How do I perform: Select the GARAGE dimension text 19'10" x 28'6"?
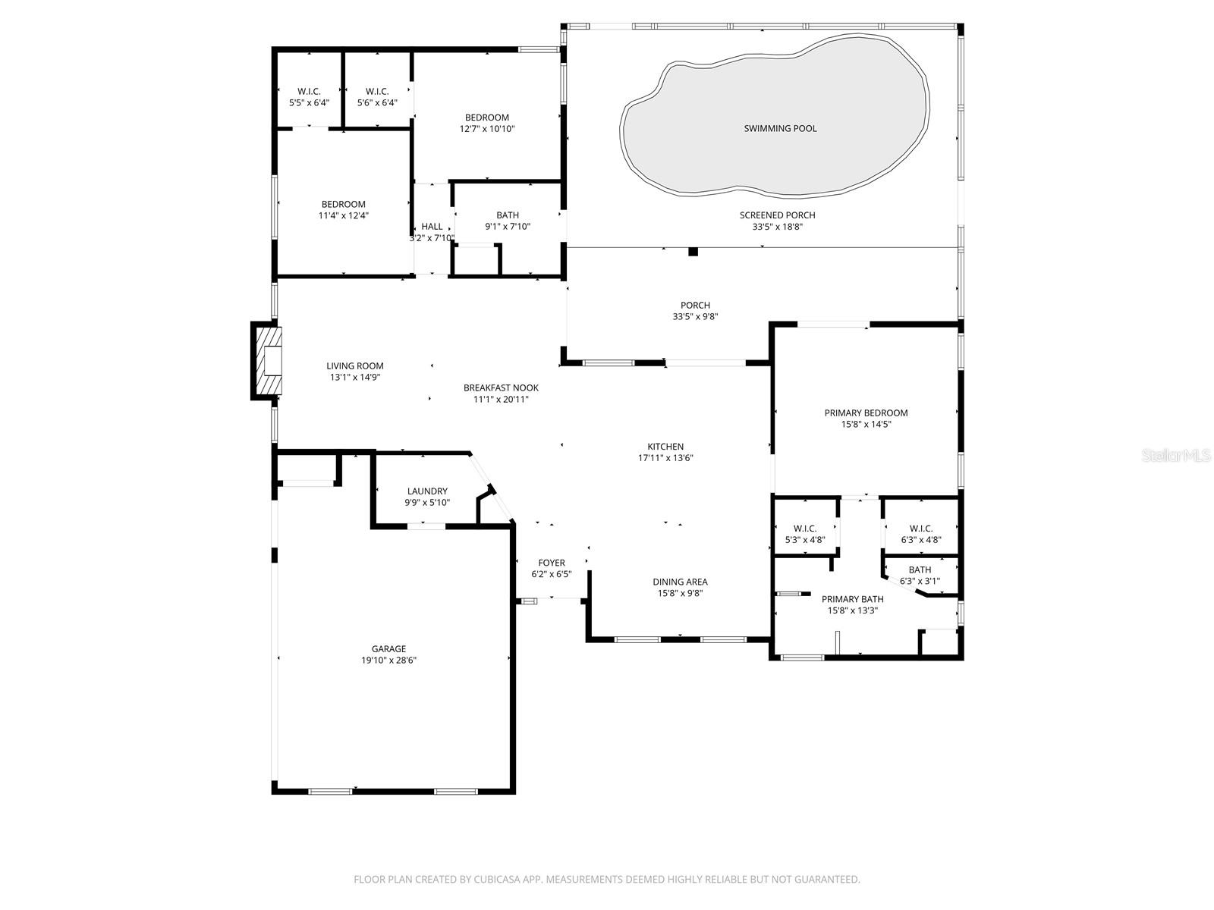(388, 661)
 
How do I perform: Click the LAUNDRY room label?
(427, 491)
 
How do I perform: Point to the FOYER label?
(552, 563)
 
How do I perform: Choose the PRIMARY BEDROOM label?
(866, 413)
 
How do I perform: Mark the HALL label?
(432, 227)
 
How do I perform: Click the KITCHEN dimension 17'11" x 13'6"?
(665, 458)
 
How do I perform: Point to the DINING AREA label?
(680, 582)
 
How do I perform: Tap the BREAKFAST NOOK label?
(501, 388)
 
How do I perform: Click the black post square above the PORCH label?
(693, 252)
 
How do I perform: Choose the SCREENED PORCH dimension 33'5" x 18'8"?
(777, 227)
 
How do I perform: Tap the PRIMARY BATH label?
(852, 599)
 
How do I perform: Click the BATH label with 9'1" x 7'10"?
(508, 215)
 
